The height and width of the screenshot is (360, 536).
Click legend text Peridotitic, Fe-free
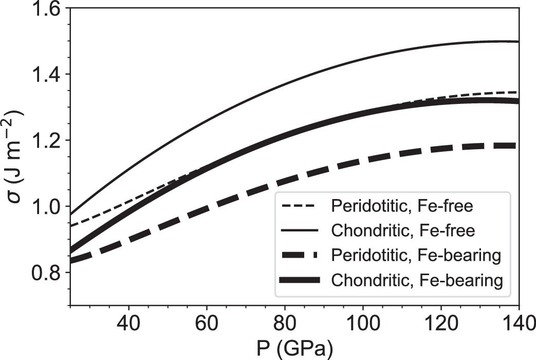click(x=402, y=207)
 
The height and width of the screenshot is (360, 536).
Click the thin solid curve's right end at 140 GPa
click(x=518, y=41)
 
